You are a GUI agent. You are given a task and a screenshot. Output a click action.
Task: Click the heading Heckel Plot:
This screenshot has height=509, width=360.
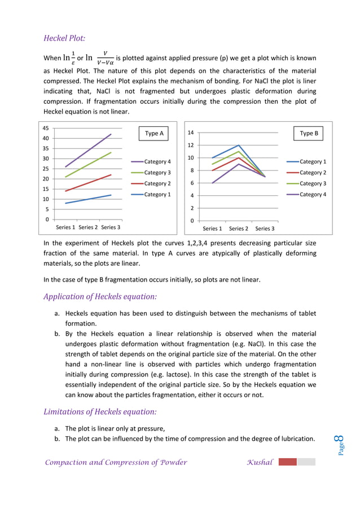coord(64,38)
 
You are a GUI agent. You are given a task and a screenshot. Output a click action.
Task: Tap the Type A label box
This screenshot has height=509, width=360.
coord(154,134)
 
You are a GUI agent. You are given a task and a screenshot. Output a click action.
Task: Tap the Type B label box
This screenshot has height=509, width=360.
coord(309,134)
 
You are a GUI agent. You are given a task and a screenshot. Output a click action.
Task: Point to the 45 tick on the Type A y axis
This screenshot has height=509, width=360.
coord(46,128)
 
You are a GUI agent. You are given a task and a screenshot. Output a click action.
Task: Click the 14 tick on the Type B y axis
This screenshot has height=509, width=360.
coord(191,133)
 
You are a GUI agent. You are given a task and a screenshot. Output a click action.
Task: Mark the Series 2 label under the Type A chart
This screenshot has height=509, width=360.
coord(88,227)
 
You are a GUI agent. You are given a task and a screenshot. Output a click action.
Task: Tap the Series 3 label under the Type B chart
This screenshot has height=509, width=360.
coord(265,229)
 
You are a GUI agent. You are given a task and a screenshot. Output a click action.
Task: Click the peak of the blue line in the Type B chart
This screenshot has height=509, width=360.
coord(239,145)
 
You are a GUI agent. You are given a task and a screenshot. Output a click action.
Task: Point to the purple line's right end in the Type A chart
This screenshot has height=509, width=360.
coord(111,134)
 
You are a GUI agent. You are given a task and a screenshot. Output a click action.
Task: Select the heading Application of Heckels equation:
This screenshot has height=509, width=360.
coord(100,297)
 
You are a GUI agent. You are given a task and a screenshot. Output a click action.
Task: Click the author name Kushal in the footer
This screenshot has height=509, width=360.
coord(260,463)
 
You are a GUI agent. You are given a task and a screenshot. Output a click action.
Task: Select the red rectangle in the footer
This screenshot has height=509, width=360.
coord(287,462)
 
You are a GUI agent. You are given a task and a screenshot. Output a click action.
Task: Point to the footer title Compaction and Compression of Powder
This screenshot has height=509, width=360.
coord(116,463)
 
